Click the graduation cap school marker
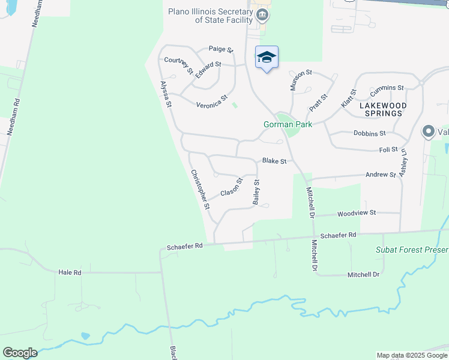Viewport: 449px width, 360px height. pyautogui.click(x=267, y=58)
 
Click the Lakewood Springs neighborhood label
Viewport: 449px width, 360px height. pyautogui.click(x=382, y=109)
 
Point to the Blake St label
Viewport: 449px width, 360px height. pyautogui.click(x=274, y=161)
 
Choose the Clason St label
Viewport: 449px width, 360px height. pyautogui.click(x=231, y=187)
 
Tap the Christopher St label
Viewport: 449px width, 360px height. pyautogui.click(x=200, y=189)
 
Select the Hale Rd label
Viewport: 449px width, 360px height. pyautogui.click(x=70, y=272)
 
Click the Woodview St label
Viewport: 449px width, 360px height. pyautogui.click(x=356, y=213)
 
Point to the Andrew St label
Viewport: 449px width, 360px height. pyautogui.click(x=381, y=175)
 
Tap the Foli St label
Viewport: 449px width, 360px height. pyautogui.click(x=388, y=149)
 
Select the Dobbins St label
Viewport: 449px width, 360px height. pyautogui.click(x=369, y=133)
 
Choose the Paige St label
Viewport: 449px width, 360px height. pyautogui.click(x=220, y=49)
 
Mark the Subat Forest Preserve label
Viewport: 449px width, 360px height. pyautogui.click(x=412, y=250)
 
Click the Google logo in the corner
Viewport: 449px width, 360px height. pyautogui.click(x=20, y=353)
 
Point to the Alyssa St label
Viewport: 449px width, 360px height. pyautogui.click(x=166, y=95)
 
